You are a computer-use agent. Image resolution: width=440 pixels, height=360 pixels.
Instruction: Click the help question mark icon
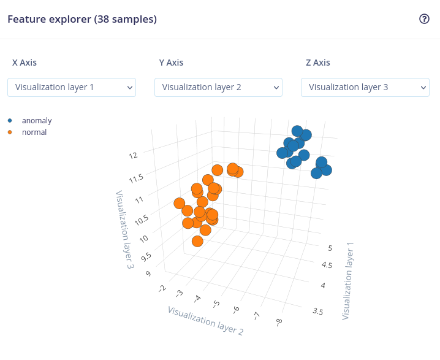coord(424,19)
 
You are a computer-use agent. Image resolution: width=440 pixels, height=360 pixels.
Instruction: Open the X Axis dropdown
coord(72,87)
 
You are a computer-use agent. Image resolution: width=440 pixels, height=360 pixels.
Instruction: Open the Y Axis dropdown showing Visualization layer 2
coord(218,87)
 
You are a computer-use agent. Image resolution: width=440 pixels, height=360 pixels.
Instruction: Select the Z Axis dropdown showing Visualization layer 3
coord(365,87)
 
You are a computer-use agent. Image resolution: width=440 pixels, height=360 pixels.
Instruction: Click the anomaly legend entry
coord(37,121)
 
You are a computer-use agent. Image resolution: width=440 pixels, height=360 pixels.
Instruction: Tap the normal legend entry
coord(34,132)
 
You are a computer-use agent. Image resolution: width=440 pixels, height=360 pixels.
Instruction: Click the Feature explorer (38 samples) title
coord(82,19)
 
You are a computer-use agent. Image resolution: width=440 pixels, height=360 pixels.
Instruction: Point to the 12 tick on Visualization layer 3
coord(134,155)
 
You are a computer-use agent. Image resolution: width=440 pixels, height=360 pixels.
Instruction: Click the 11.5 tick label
coord(135,178)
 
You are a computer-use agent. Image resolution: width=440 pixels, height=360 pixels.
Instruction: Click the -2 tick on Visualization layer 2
coord(162,288)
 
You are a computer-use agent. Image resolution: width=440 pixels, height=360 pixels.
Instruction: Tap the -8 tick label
coord(279,321)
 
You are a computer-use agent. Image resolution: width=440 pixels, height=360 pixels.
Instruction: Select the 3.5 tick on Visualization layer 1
coord(318,312)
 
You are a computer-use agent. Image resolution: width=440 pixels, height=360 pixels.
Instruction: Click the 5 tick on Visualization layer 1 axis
coord(330,248)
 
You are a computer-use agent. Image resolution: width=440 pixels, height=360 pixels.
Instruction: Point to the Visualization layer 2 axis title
coord(205,320)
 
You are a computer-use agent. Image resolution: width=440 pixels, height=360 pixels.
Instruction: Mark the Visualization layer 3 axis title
coord(124,230)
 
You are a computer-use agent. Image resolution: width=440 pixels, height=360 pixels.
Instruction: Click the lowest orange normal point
coord(197,241)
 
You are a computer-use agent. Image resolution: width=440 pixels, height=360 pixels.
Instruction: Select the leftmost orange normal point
coord(180,203)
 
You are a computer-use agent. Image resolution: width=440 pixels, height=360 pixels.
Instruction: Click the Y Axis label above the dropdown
coord(171,63)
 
